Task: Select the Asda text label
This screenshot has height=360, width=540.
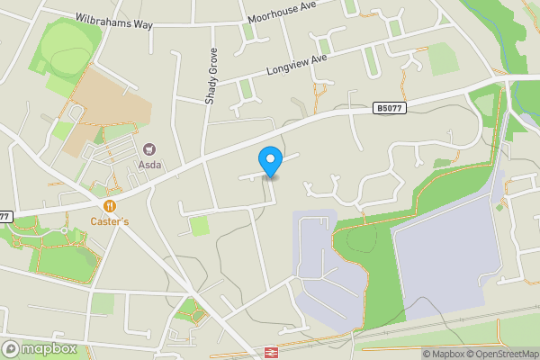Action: [149, 166]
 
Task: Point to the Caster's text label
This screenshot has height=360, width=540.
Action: [109, 220]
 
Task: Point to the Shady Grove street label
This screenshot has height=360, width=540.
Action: [211, 76]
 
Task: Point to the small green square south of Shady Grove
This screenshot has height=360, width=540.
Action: [200, 225]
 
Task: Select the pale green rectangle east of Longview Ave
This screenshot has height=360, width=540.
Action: [443, 59]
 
